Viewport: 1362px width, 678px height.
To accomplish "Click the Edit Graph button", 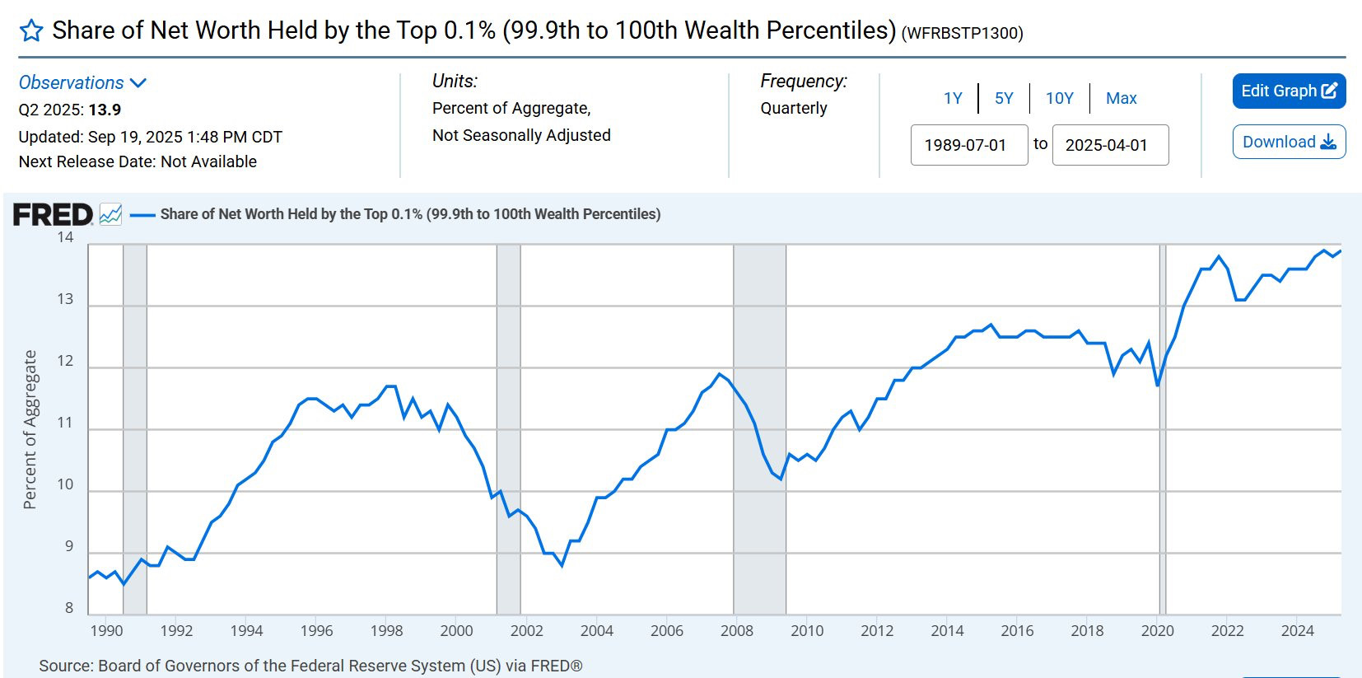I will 1289,91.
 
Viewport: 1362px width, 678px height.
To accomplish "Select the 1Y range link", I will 953,98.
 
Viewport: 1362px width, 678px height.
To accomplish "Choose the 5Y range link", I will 1004,98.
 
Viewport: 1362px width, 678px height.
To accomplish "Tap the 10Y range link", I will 1059,98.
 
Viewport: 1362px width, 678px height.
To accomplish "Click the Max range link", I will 1121,98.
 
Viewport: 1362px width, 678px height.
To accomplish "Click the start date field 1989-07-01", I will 968,145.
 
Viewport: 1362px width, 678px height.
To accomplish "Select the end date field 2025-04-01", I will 1109,145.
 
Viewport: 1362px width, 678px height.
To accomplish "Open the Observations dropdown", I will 82,82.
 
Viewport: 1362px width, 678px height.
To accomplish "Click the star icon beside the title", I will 31,31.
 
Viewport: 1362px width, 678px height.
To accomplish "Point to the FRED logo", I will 53,215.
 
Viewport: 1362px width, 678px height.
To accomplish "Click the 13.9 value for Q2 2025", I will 105,110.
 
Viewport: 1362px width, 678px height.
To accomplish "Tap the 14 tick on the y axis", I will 65,237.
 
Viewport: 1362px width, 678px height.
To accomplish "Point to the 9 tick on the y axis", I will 69,546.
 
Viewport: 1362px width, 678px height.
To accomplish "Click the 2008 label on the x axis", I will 736,630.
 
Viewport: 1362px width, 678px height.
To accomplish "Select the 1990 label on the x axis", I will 106,630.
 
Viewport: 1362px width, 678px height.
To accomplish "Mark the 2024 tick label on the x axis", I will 1297,630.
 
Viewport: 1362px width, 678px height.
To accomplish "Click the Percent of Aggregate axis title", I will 30,429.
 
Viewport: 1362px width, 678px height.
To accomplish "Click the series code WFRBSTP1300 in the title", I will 962,33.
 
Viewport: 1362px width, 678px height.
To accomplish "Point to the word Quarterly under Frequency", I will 794,108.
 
